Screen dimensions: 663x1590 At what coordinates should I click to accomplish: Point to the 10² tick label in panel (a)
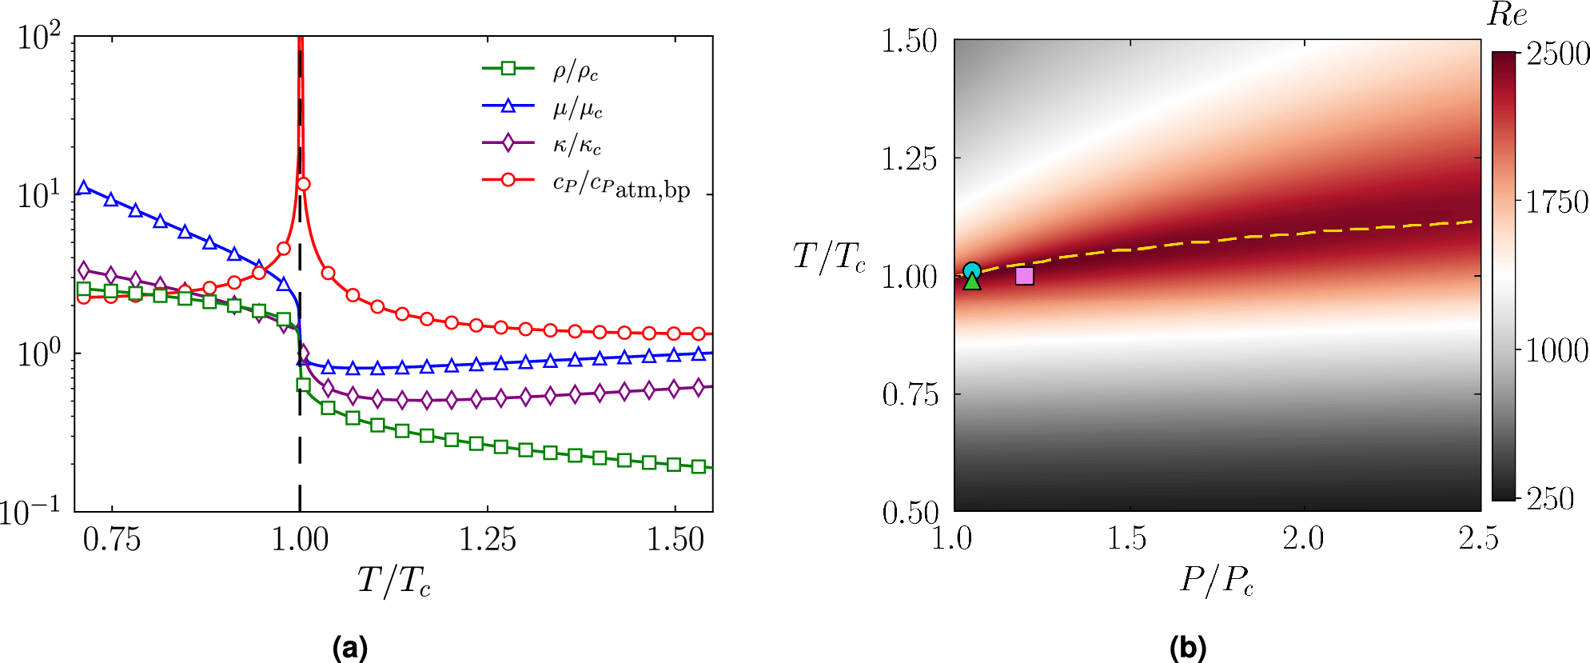(x=39, y=37)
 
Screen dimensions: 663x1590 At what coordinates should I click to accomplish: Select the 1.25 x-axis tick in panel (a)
(x=487, y=540)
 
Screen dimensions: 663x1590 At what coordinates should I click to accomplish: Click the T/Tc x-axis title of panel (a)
(x=393, y=581)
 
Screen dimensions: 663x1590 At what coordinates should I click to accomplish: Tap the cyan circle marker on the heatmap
(x=971, y=271)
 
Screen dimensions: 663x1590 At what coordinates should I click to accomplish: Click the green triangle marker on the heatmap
(x=971, y=282)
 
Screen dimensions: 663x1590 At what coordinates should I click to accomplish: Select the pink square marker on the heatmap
(x=1024, y=276)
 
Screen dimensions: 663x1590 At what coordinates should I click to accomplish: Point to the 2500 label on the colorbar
(x=1557, y=54)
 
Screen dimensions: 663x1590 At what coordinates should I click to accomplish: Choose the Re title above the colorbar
(x=1507, y=15)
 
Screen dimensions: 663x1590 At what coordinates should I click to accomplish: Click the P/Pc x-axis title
(x=1217, y=581)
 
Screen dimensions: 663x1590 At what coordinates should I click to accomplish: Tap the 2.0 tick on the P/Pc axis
(x=1303, y=539)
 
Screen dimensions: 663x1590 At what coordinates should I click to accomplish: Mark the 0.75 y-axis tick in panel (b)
(x=910, y=394)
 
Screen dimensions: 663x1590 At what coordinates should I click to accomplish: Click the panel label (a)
(x=350, y=647)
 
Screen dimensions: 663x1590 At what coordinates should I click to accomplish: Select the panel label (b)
(x=1188, y=647)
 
